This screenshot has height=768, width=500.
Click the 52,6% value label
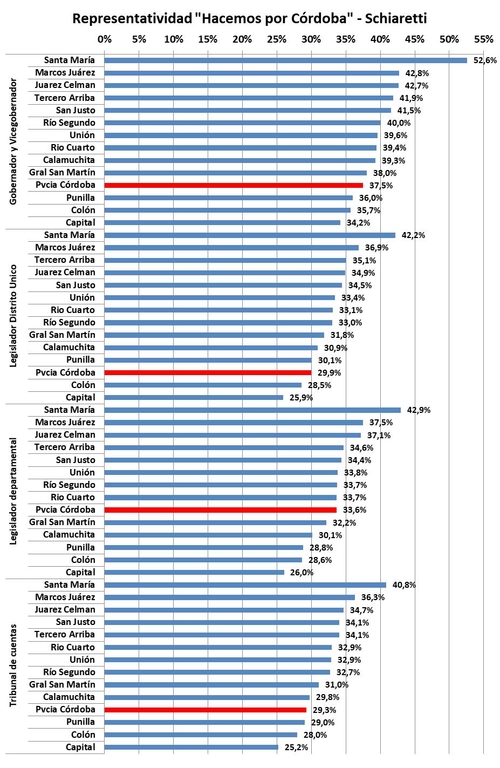click(484, 60)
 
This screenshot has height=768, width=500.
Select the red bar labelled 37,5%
click(233, 185)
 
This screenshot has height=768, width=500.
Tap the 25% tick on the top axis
click(277, 39)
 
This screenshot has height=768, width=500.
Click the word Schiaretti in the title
click(396, 18)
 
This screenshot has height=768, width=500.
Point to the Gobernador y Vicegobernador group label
click(14, 141)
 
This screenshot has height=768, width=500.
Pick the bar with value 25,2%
click(191, 747)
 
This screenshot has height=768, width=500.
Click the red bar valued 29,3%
click(205, 710)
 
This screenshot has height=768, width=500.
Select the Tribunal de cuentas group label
click(14, 665)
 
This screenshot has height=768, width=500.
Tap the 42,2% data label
click(413, 235)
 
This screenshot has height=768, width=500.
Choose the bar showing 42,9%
click(252, 410)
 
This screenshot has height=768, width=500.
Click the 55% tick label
click(483, 39)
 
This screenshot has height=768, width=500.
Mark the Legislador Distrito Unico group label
click(14, 316)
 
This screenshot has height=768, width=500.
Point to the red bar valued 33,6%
click(220, 510)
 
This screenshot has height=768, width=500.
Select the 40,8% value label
click(404, 585)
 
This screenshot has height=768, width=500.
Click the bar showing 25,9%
click(194, 398)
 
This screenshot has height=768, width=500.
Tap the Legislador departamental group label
click(14, 491)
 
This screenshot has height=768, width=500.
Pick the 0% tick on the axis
click(105, 39)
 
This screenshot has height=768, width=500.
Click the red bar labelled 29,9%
click(208, 372)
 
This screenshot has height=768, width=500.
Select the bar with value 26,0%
click(194, 573)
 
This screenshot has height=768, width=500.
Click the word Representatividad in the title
click(132, 18)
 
